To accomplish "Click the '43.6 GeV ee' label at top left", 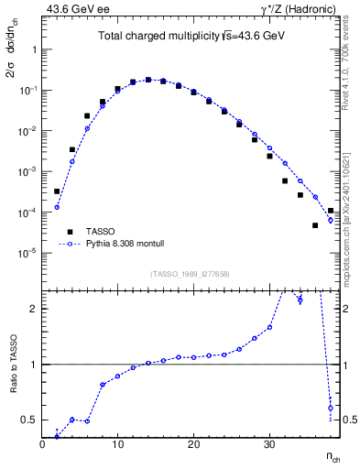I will pos(69,8).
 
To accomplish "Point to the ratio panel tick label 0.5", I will pos(30,420).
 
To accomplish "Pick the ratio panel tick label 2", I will pos(34,309).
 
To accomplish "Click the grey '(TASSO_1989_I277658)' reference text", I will pos(191,273).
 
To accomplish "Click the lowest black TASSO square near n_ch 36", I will pos(315,225).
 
